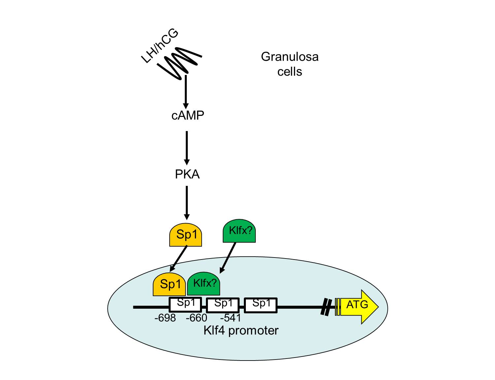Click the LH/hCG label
(x=160, y=46)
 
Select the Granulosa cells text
(x=289, y=64)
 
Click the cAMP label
(x=188, y=116)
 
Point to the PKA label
(x=187, y=174)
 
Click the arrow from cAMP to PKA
(x=187, y=148)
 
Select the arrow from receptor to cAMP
(x=186, y=91)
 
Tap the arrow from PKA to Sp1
(x=187, y=202)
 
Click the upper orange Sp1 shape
(x=185, y=235)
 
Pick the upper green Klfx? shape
(x=239, y=231)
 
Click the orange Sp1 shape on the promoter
(x=169, y=284)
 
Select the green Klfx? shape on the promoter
(x=204, y=284)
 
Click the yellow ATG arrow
(x=358, y=307)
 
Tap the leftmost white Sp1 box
(x=185, y=305)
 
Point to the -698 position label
(x=165, y=318)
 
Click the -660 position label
(x=196, y=318)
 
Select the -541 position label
(x=230, y=318)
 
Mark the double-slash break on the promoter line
(x=326, y=307)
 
